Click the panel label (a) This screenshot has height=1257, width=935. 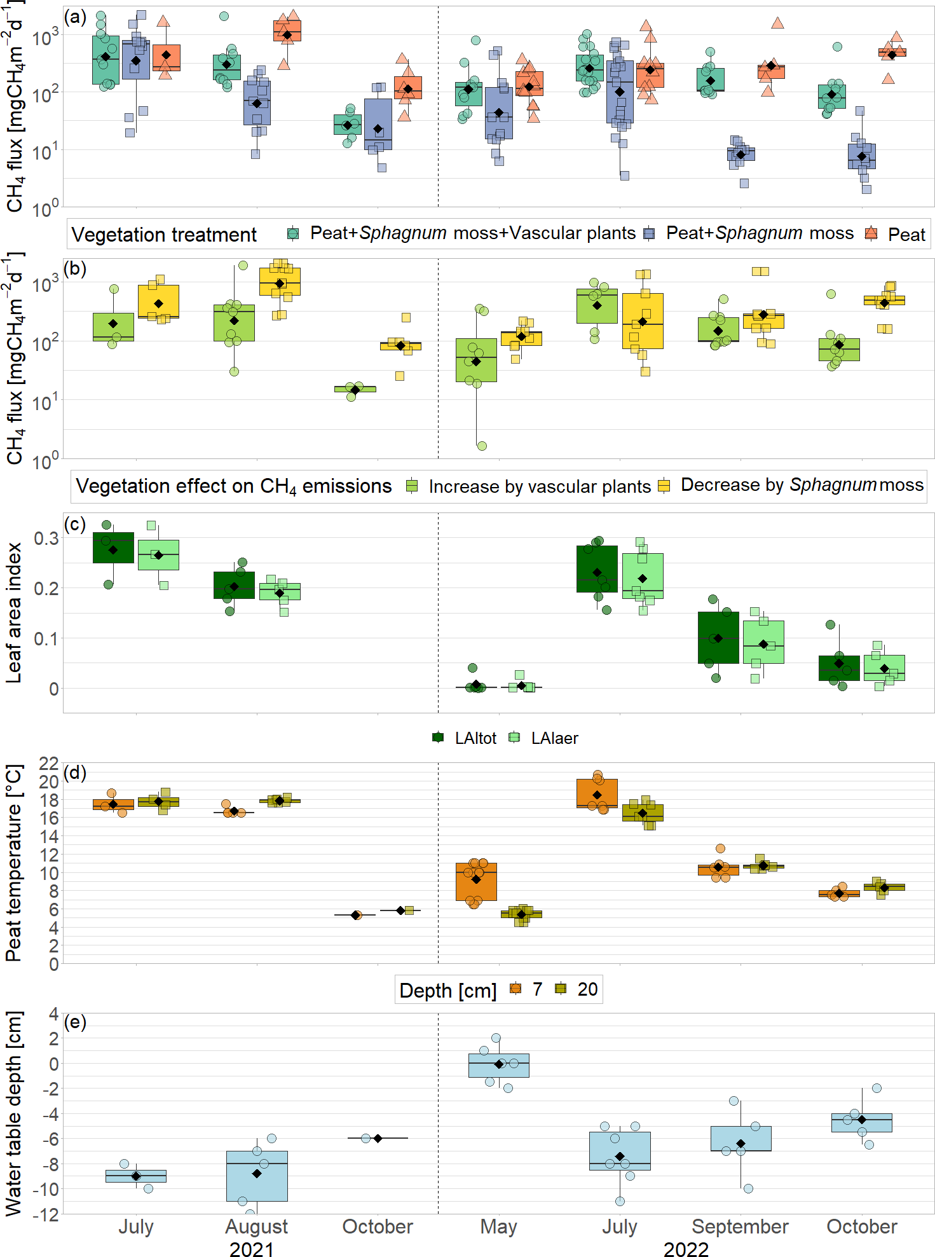pyautogui.click(x=76, y=17)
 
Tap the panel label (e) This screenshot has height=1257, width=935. pyautogui.click(x=76, y=1022)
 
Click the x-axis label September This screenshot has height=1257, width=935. pyautogui.click(x=740, y=1226)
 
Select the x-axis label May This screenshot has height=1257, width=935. pyautogui.click(x=498, y=1226)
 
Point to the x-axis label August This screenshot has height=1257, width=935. pyautogui.click(x=257, y=1226)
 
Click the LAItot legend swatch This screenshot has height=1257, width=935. pyautogui.click(x=438, y=738)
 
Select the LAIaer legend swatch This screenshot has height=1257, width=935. pyautogui.click(x=515, y=738)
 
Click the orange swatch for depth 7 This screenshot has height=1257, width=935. pyautogui.click(x=515, y=989)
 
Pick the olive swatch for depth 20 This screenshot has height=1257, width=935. pyautogui.click(x=560, y=989)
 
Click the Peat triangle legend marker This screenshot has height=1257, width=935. pyautogui.click(x=871, y=234)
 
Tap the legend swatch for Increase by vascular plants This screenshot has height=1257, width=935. pyautogui.click(x=412, y=486)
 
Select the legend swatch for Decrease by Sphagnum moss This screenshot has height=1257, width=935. pyautogui.click(x=664, y=486)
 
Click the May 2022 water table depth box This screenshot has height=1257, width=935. pyautogui.click(x=498, y=1065)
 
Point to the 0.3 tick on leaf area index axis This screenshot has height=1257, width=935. pyautogui.click(x=46, y=539)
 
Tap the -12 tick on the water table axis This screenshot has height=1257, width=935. pyautogui.click(x=44, y=1214)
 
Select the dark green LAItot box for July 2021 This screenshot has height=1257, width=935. pyautogui.click(x=113, y=547)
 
